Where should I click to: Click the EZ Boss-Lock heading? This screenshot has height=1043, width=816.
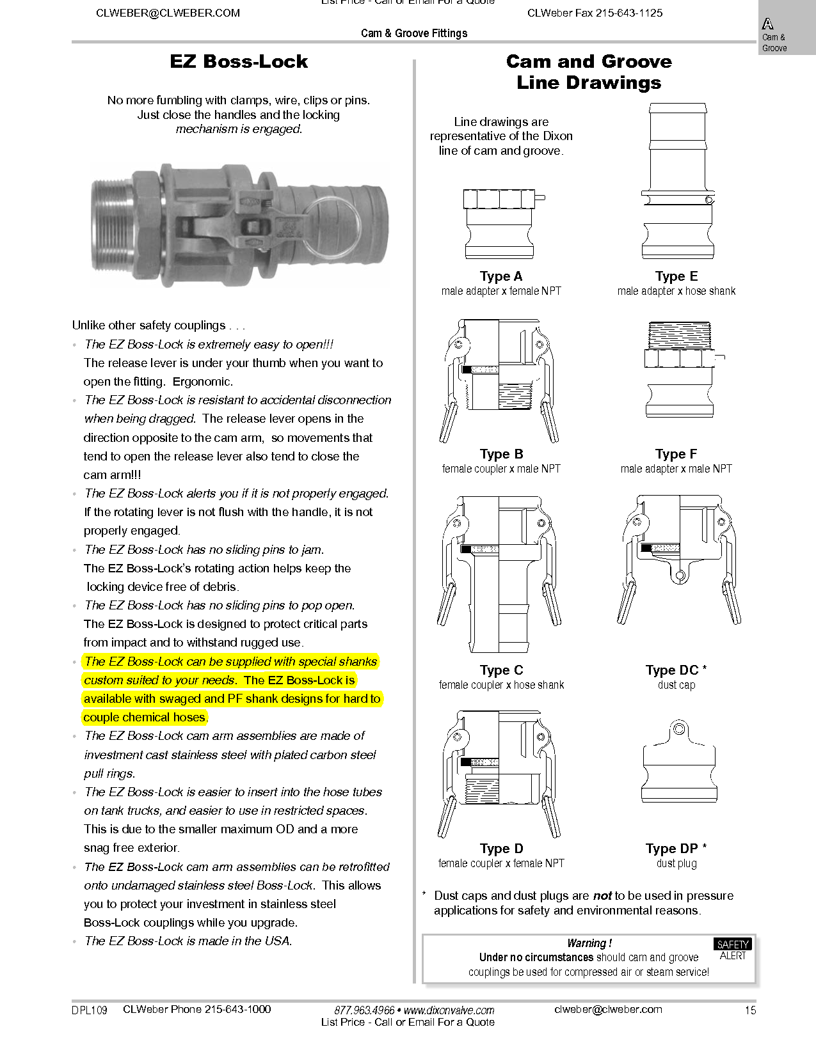pyautogui.click(x=239, y=61)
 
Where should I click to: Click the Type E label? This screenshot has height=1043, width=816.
pyautogui.click(x=676, y=276)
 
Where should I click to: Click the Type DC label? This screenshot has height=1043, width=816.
pyautogui.click(x=672, y=670)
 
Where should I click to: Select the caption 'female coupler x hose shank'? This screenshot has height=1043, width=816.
pyautogui.click(x=501, y=685)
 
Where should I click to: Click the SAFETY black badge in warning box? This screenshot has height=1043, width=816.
pyautogui.click(x=732, y=944)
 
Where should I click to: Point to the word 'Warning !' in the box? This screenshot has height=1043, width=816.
pyautogui.click(x=589, y=943)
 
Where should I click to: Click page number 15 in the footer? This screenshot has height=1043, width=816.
pyautogui.click(x=750, y=1010)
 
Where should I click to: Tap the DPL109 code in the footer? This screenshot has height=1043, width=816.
pyautogui.click(x=90, y=1010)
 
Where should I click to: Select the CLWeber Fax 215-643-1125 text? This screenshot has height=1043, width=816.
pyautogui.click(x=595, y=13)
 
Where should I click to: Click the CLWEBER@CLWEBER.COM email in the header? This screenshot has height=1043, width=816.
pyautogui.click(x=168, y=13)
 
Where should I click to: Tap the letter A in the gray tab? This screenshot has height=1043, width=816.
pyautogui.click(x=767, y=24)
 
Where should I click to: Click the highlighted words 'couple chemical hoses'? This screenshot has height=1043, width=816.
pyautogui.click(x=145, y=718)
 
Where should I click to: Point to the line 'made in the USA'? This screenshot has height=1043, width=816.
pyautogui.click(x=188, y=941)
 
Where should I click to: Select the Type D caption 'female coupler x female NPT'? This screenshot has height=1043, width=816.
pyautogui.click(x=501, y=863)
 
